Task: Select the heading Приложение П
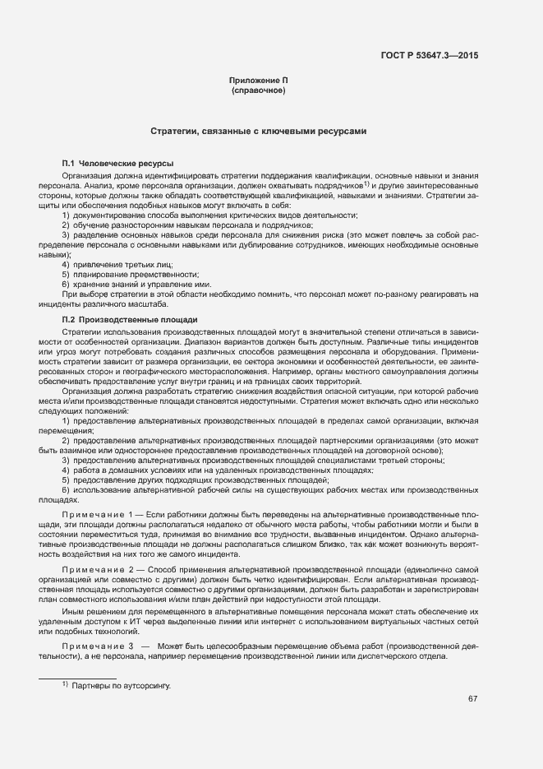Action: pos(259,80)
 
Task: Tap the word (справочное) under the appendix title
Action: pos(259,90)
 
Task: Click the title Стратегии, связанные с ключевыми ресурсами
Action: pos(258,131)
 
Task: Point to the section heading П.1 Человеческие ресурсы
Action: pos(117,164)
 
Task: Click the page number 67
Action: pos(473,699)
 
